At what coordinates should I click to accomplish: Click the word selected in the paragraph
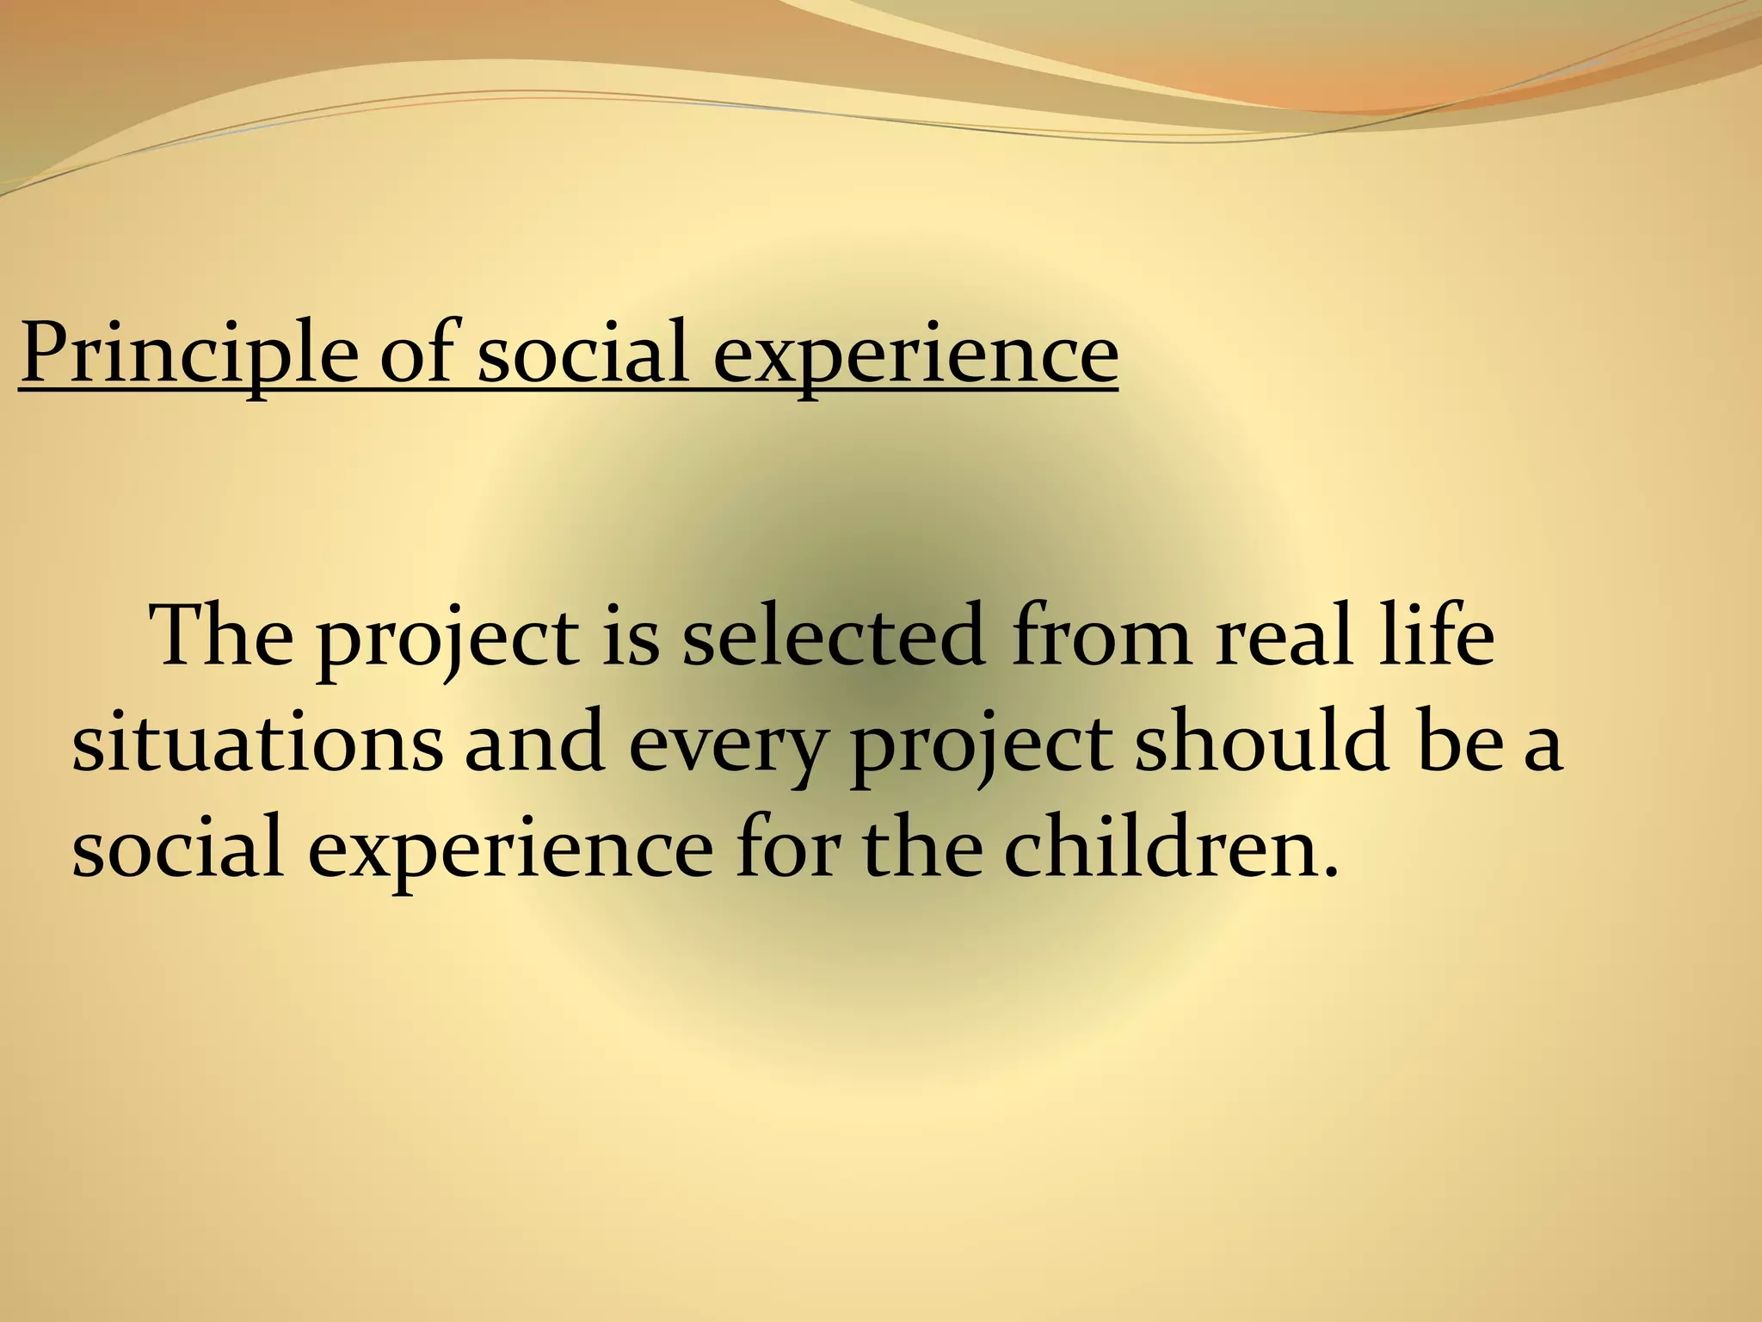[x=833, y=637]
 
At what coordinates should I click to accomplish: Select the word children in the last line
[x=1152, y=847]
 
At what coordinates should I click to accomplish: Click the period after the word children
[x=1332, y=871]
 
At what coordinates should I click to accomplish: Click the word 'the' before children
[x=923, y=847]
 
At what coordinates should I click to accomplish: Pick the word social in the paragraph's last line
[x=177, y=847]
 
